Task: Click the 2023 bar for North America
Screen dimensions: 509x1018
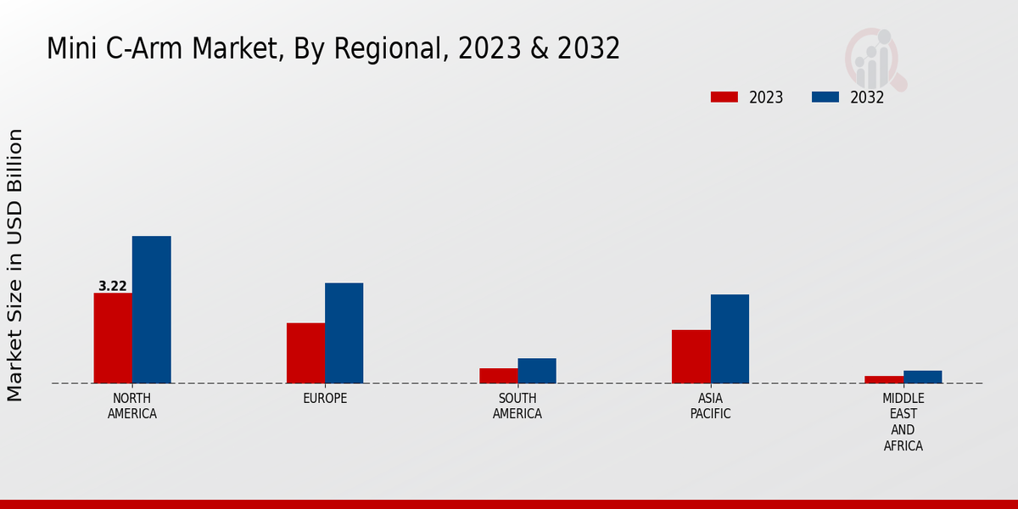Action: click(x=113, y=338)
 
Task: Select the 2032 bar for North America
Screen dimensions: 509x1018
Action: click(x=151, y=310)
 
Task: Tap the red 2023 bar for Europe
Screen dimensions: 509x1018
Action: click(x=305, y=353)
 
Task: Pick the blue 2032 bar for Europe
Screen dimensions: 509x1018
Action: click(x=344, y=333)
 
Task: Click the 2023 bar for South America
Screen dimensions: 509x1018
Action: click(x=498, y=376)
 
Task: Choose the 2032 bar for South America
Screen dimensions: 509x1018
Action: click(x=537, y=371)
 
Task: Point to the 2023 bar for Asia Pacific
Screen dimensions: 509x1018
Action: click(x=691, y=356)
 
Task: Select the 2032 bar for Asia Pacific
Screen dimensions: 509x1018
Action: click(x=730, y=338)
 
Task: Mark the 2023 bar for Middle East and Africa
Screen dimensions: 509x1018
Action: click(x=884, y=379)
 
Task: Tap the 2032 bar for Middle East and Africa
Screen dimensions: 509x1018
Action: click(x=922, y=377)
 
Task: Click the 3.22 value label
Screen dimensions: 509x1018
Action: click(x=113, y=287)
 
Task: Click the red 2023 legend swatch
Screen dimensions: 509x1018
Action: click(x=724, y=98)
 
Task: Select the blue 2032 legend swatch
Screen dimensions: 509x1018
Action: click(x=825, y=98)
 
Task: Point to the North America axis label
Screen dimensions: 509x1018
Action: click(x=131, y=406)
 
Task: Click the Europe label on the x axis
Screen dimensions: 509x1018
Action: click(x=325, y=399)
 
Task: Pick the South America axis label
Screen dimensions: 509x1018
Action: click(x=517, y=406)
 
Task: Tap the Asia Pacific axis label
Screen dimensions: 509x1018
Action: click(x=710, y=406)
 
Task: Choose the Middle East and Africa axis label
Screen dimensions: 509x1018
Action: click(x=903, y=422)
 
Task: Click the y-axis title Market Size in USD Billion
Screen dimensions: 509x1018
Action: click(x=15, y=265)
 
